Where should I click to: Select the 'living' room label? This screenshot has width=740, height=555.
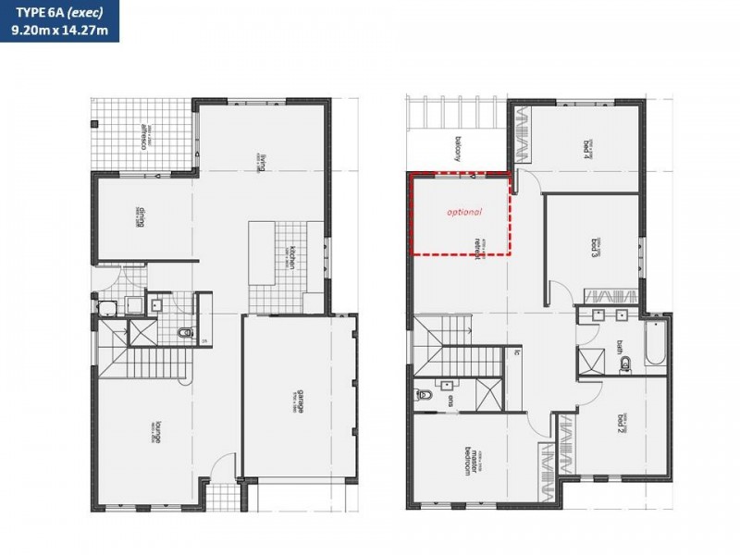click(x=263, y=163)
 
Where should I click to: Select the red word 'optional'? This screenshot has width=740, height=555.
click(x=464, y=212)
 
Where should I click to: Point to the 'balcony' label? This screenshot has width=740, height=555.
click(x=457, y=148)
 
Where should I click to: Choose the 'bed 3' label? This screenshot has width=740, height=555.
click(x=596, y=248)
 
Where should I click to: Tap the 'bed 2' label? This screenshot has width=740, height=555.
click(x=622, y=424)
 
